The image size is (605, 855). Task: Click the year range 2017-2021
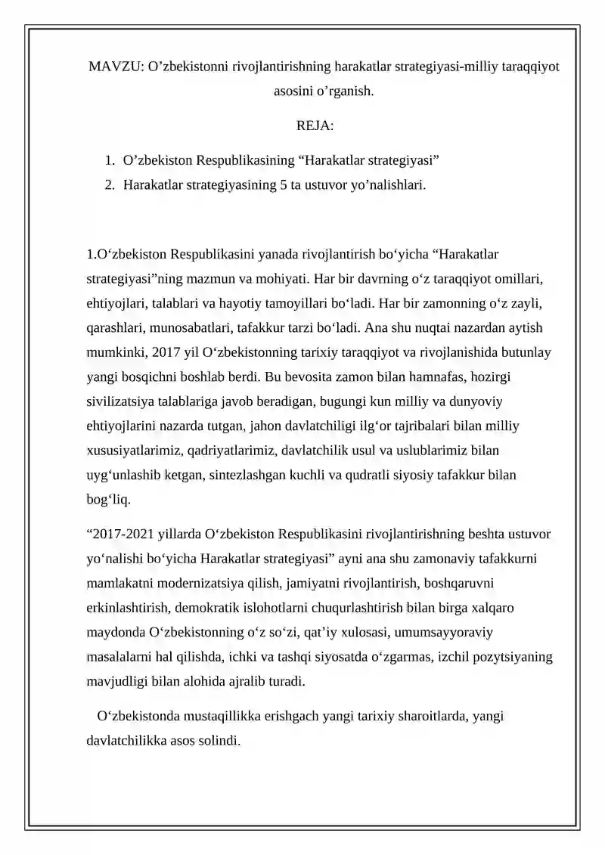pyautogui.click(x=122, y=534)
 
